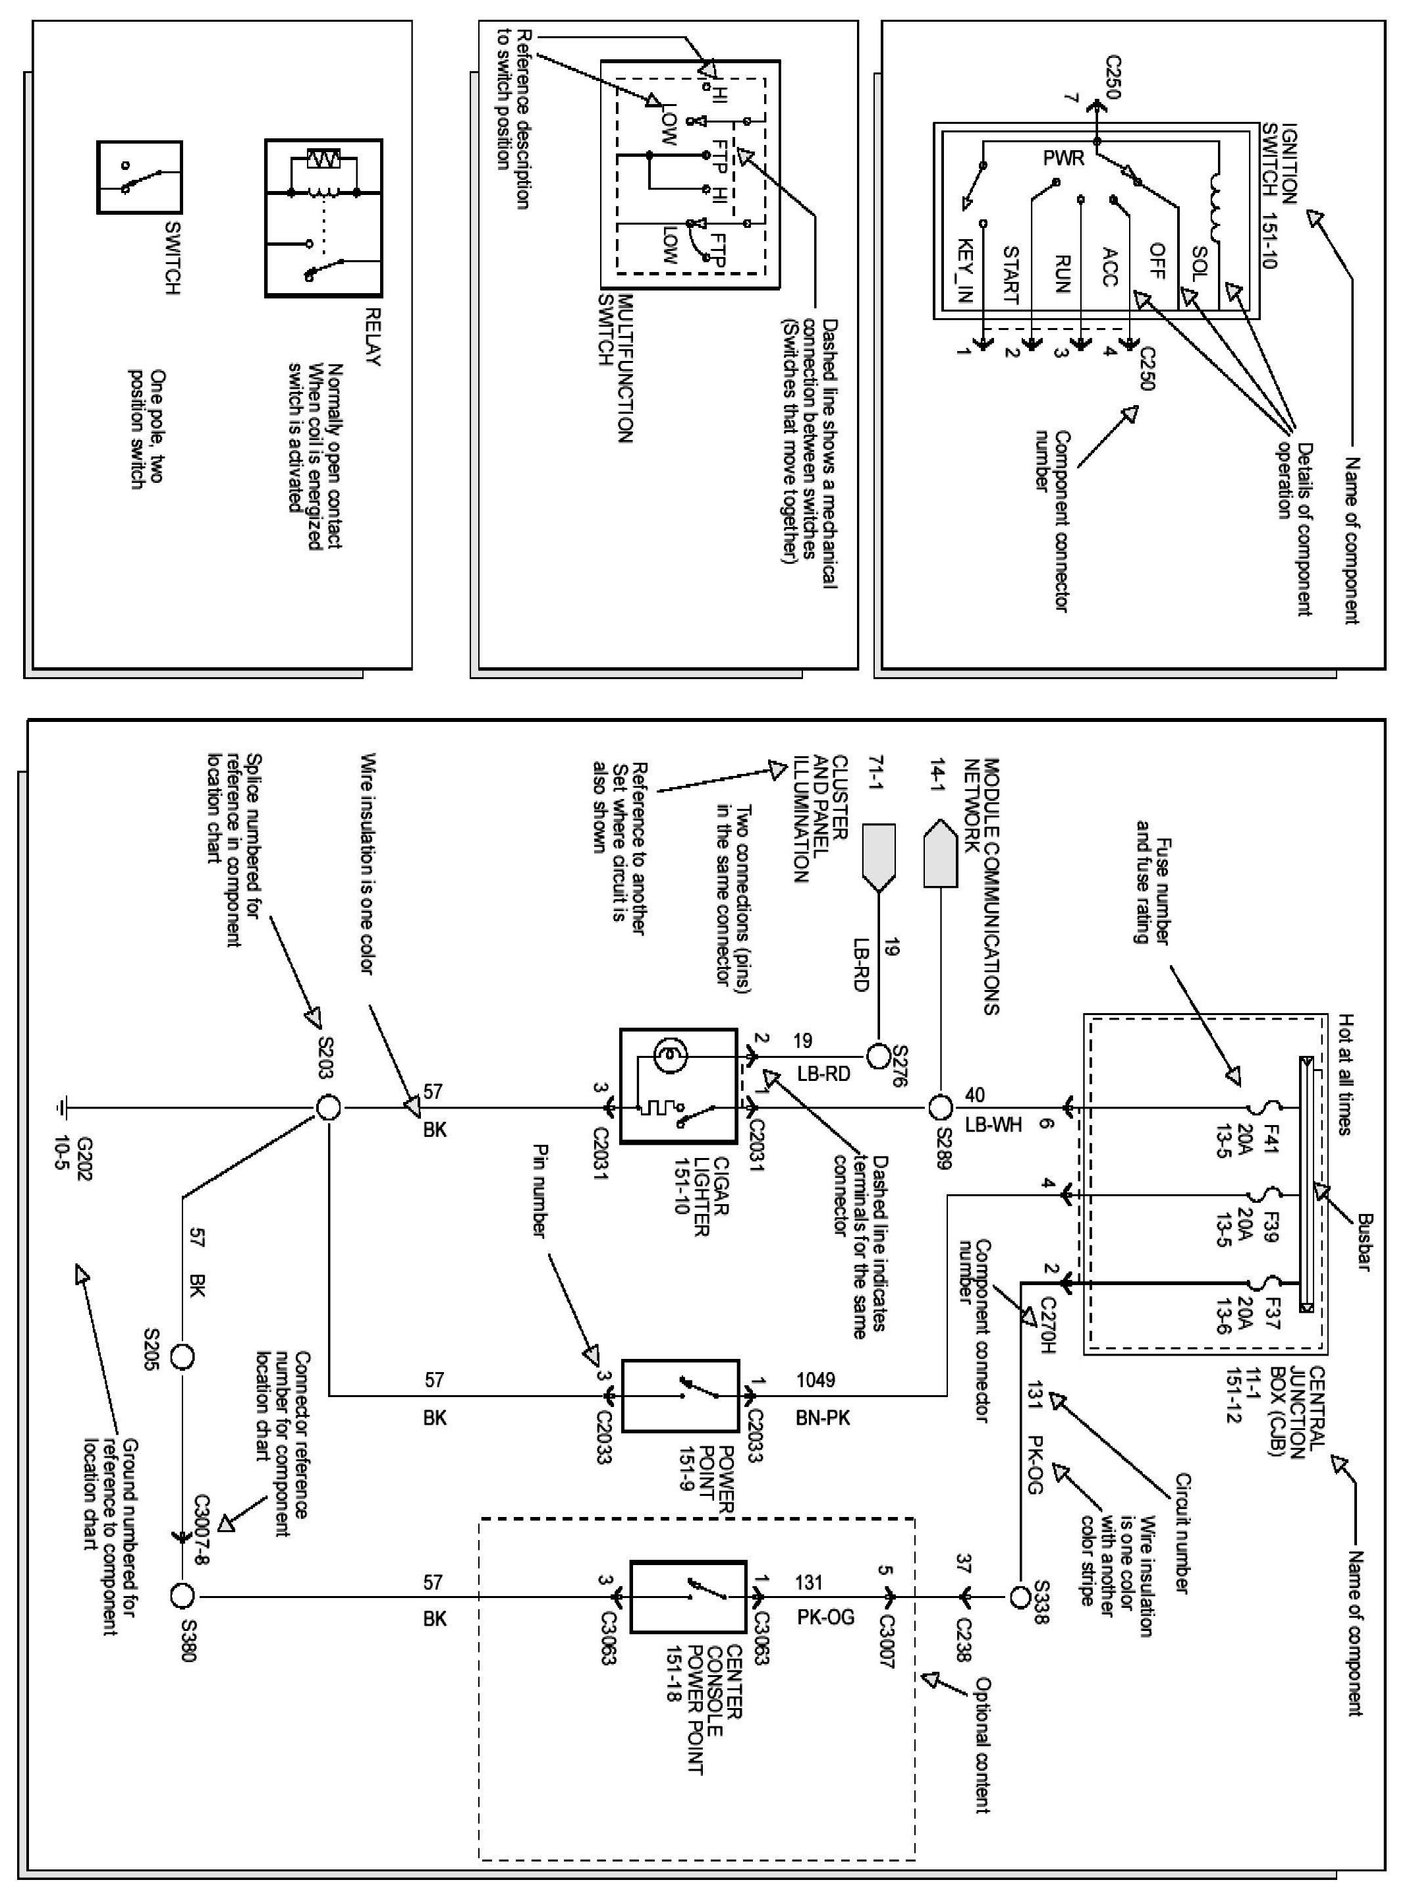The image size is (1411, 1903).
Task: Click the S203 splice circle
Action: click(x=328, y=1109)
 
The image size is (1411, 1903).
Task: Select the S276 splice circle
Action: click(x=878, y=1057)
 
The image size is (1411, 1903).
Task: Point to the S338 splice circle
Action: click(x=1020, y=1595)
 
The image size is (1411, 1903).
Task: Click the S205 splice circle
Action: click(x=182, y=1356)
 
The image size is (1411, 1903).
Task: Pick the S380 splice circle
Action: click(x=182, y=1595)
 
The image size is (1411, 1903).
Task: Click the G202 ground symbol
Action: click(x=63, y=1109)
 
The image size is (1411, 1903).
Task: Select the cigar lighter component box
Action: click(x=678, y=1086)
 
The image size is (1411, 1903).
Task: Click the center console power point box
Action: click(x=688, y=1596)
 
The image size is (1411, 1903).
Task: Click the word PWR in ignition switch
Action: click(x=1063, y=158)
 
